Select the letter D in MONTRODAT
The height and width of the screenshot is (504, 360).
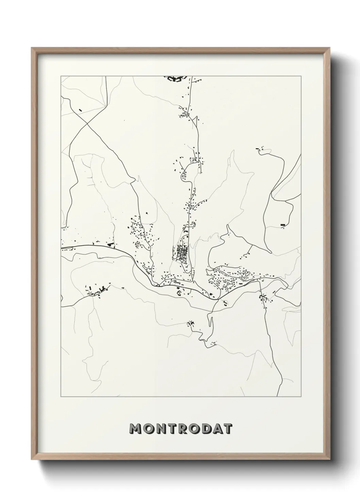pyautogui.click(x=204, y=429)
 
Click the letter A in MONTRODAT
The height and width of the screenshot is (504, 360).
pyautogui.click(x=215, y=429)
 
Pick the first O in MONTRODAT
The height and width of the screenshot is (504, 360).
pyautogui.click(x=148, y=429)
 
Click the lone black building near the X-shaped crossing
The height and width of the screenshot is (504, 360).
pyautogui.click(x=80, y=110)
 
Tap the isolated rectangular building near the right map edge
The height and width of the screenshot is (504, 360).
pyautogui.click(x=283, y=225)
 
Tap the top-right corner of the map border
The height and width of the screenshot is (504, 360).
pyautogui.click(x=301, y=76)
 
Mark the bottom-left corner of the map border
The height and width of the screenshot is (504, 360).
pyautogui.click(x=61, y=397)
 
